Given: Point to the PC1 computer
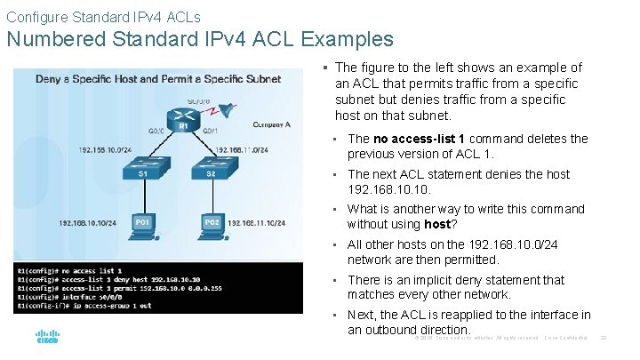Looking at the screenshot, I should click(141, 221).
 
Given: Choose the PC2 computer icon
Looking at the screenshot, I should click(212, 221).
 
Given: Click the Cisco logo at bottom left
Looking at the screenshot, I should click(46, 338).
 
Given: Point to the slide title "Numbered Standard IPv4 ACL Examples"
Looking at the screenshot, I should click(200, 39).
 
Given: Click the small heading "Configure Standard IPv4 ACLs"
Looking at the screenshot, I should click(103, 17).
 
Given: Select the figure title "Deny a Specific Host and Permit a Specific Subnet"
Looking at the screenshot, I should click(158, 78).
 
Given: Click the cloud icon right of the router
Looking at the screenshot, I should click(228, 108).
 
